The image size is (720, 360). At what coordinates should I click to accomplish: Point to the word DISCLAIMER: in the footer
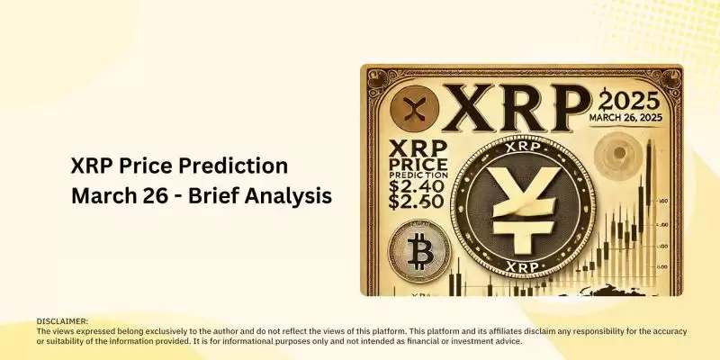(x=62, y=321)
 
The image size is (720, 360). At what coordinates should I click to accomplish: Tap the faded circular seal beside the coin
(x=618, y=155)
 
